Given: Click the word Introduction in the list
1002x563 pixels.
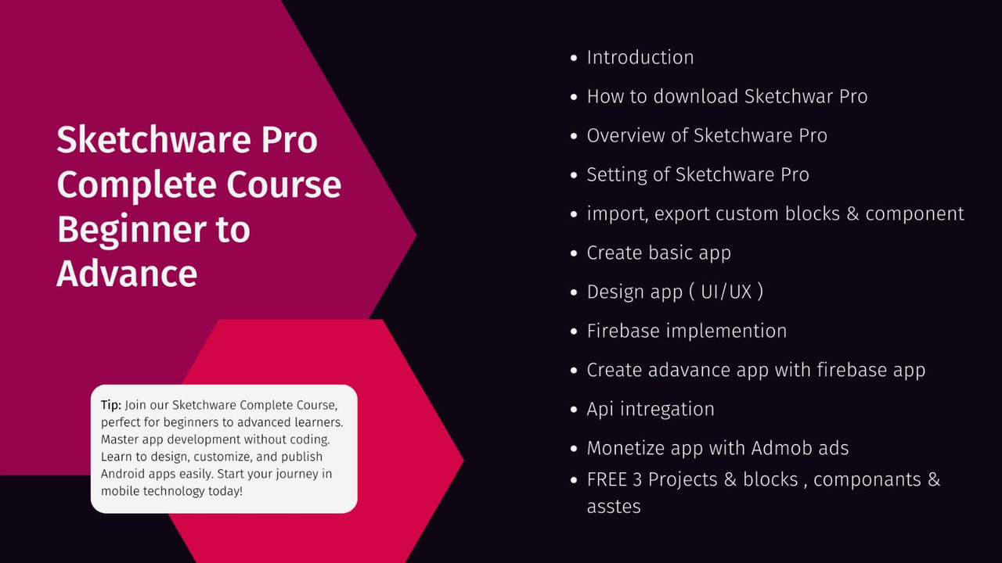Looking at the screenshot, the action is (640, 58).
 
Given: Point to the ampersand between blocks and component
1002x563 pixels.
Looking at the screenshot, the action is (852, 213).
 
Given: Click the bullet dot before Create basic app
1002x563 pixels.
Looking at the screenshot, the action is (575, 253).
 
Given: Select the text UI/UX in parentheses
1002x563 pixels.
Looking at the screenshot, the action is (726, 292).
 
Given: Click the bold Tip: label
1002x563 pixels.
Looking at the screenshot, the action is (111, 405).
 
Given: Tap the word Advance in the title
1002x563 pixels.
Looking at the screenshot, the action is (127, 274).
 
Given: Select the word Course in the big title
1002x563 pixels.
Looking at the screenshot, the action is (283, 184).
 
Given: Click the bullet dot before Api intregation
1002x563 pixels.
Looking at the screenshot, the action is (575, 410).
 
